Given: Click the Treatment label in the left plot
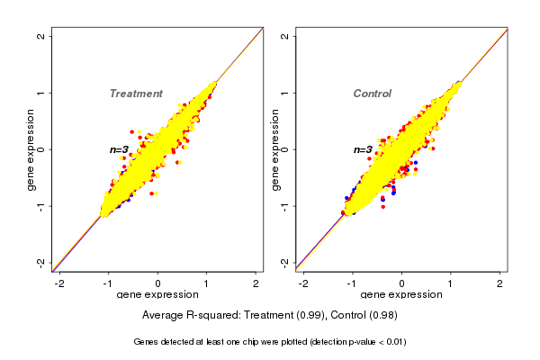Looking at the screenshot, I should pos(136,94).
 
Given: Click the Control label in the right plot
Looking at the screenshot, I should pos(373,94).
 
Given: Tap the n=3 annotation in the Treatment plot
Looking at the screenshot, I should pos(120,149).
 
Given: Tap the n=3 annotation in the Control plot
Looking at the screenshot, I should pos(363,149).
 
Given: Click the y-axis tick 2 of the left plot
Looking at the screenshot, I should pos(41,36).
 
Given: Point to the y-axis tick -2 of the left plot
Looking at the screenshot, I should pos(41,262).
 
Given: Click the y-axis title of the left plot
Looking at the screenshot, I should pos(31,149).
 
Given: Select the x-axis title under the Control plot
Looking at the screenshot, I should pos(402,294).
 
